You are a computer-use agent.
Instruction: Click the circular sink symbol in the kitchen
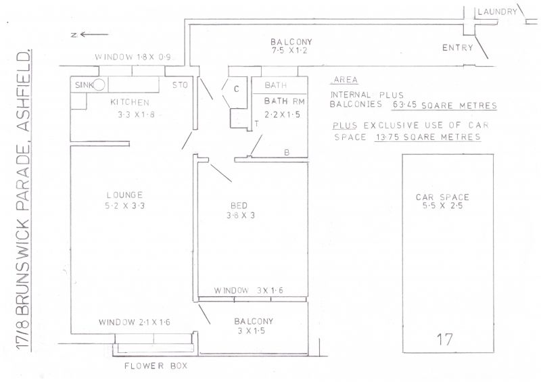pos(99,85)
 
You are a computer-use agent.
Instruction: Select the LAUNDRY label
pos(497,11)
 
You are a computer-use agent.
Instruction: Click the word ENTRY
pos(458,47)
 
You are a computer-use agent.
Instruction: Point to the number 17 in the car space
pos(444,339)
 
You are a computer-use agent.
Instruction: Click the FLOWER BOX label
pos(156,366)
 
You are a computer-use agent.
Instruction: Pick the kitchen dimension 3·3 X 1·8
pos(137,114)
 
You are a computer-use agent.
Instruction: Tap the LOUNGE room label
pos(124,195)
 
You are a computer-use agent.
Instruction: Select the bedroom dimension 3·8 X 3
pos(241,216)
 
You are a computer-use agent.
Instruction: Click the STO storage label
pos(180,85)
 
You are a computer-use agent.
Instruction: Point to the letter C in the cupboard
pos(236,89)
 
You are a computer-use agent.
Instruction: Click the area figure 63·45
pos(404,105)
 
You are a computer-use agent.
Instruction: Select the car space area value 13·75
pos(387,137)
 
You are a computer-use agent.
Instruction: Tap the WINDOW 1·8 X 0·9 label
pos(133,57)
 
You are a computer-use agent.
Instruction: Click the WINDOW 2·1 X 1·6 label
pos(134,323)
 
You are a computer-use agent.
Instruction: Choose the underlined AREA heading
pos(346,80)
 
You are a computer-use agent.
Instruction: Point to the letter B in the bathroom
pos(286,153)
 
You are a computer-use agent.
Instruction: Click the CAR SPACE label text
pos(442,197)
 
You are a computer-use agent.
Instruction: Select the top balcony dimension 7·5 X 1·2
pos(289,51)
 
